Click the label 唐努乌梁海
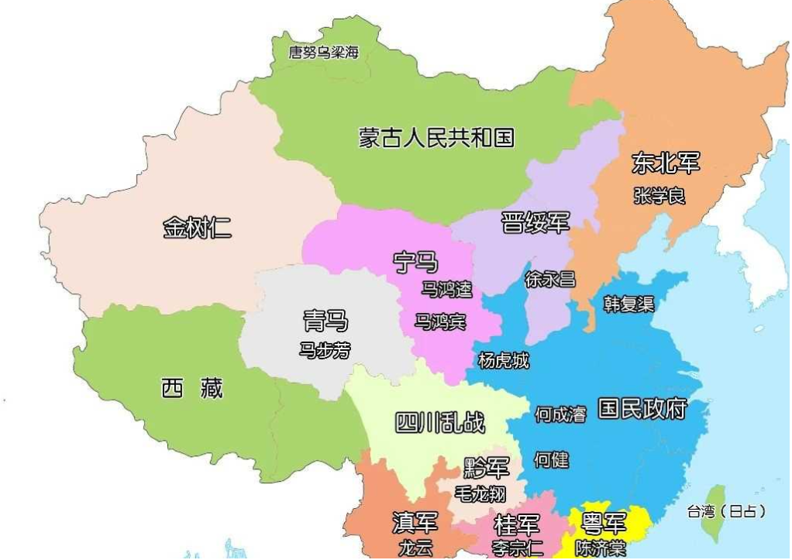pos(324,53)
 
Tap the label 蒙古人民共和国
pos(436,138)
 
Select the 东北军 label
pos(666,163)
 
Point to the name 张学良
pos(659,196)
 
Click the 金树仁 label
pos(197,228)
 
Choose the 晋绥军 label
pos(535,222)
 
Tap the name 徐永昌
pos(550,279)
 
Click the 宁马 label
pos(416,262)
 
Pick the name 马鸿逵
pos(446,289)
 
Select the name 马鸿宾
pos(440,321)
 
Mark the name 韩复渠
pos(628,304)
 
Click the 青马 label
pos(325,320)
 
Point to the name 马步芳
pos(325,350)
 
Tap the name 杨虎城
pos(504,360)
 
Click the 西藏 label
pos(191,388)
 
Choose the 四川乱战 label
pos(440,422)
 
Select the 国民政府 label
pos(642,408)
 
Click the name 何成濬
pos(560,414)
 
